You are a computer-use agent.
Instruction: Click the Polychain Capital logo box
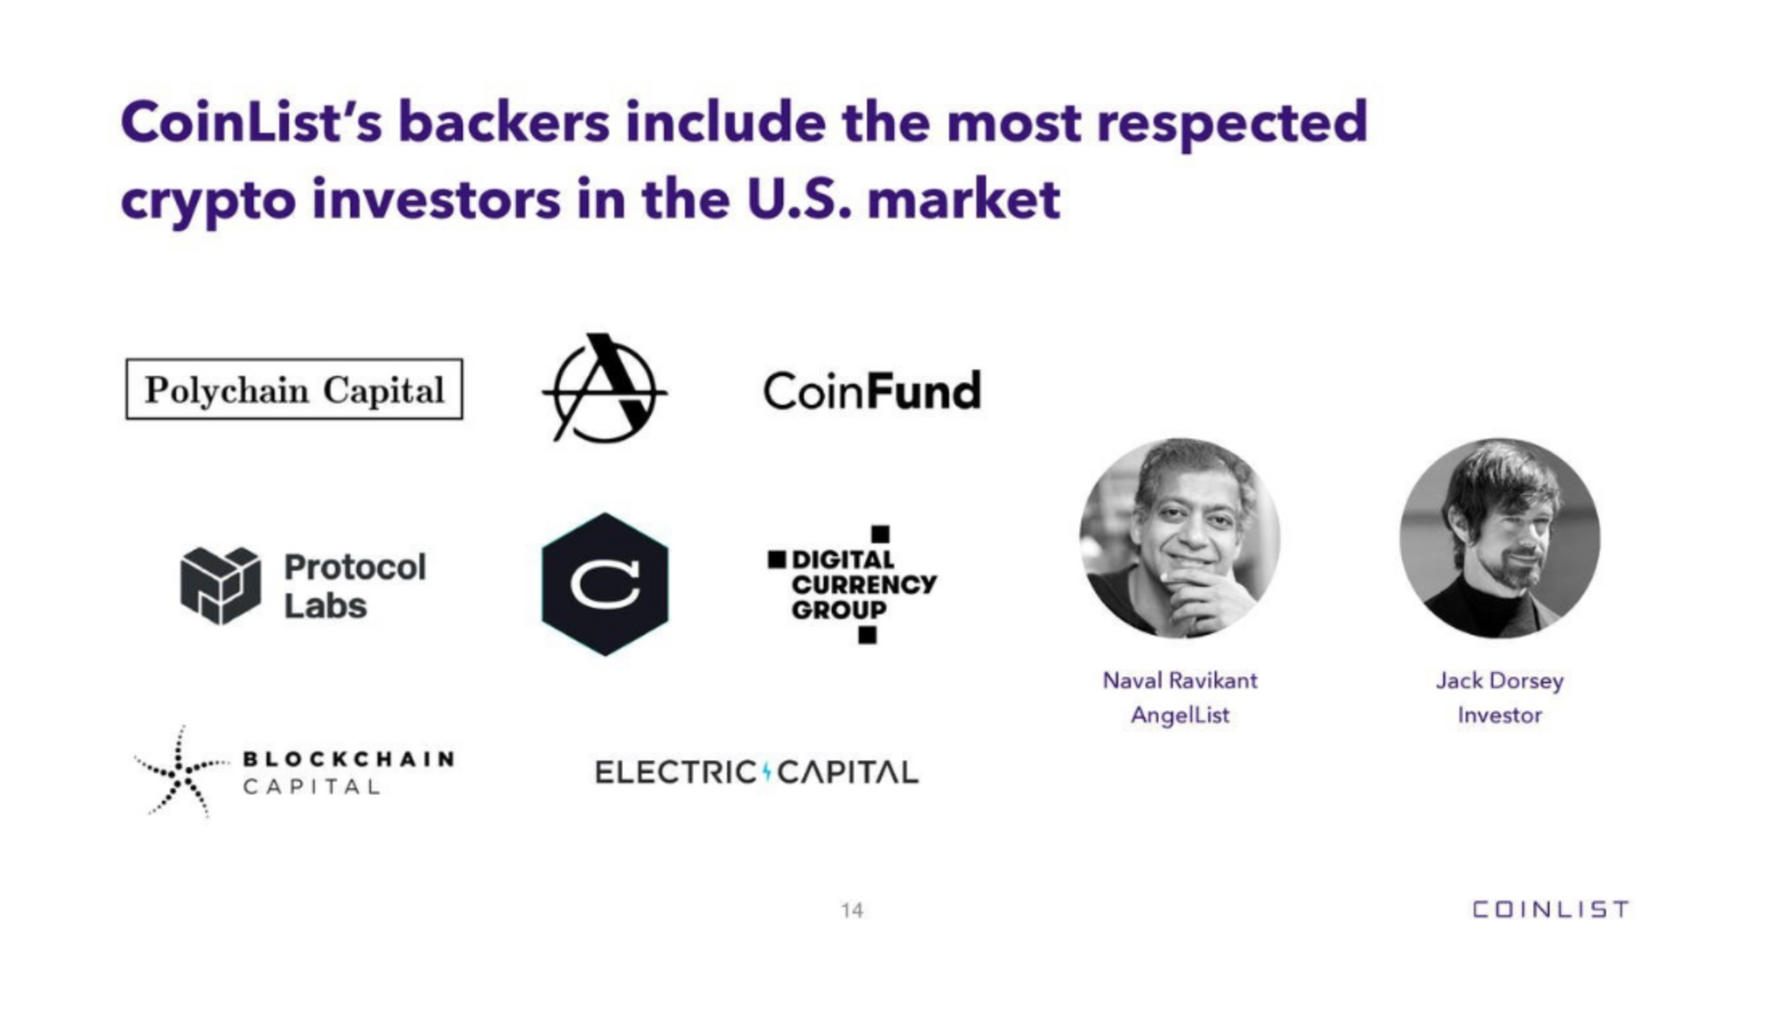tap(294, 389)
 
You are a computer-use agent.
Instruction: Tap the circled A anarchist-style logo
tap(605, 389)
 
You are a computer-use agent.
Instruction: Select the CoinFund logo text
tap(872, 391)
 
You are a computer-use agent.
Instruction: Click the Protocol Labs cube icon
tap(220, 585)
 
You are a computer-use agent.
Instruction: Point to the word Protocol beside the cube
tap(355, 566)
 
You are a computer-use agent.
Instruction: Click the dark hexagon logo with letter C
tap(605, 584)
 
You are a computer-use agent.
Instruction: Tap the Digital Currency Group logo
tap(852, 584)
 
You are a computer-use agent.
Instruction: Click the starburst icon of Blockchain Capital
tap(180, 771)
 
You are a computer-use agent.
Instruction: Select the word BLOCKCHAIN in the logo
tap(349, 758)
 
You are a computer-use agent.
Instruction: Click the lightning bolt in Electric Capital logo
tap(766, 771)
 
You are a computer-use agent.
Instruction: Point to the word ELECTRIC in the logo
tap(675, 772)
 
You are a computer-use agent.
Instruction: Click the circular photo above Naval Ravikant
tap(1179, 538)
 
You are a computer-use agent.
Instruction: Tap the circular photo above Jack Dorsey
tap(1500, 538)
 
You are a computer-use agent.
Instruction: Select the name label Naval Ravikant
tap(1179, 680)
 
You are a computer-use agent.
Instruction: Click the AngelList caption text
tap(1179, 715)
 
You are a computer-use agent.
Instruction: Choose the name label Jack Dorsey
tap(1500, 680)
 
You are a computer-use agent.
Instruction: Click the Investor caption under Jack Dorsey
tap(1500, 715)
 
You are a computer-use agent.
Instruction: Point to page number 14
tap(851, 910)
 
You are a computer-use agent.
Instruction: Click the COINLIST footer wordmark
tap(1550, 909)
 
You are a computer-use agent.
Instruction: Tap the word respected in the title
tap(1232, 123)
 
